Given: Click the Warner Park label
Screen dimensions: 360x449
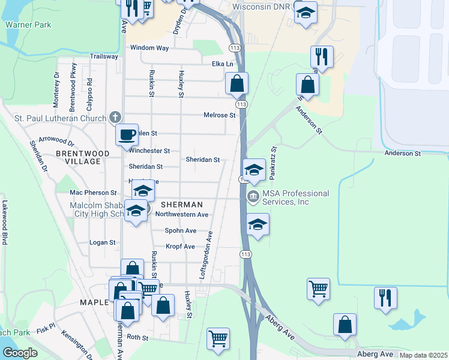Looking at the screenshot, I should click(x=28, y=25).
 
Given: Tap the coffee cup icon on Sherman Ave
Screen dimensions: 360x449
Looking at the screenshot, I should click(x=127, y=135).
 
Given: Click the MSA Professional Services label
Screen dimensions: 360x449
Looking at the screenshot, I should click(x=296, y=197).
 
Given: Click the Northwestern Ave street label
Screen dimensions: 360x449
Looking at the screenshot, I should click(x=181, y=214).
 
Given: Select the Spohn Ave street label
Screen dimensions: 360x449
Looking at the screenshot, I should click(x=181, y=230).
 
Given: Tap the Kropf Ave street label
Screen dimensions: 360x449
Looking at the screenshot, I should click(x=180, y=247).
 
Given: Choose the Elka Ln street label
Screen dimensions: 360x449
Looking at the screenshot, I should click(x=221, y=64).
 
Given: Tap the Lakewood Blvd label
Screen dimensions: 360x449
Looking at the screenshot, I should click(x=5, y=222).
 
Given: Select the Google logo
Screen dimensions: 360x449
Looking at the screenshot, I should click(x=19, y=353).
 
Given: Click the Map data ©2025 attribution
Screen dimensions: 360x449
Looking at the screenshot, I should click(x=424, y=355).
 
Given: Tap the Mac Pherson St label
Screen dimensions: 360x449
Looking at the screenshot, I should click(x=93, y=193).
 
